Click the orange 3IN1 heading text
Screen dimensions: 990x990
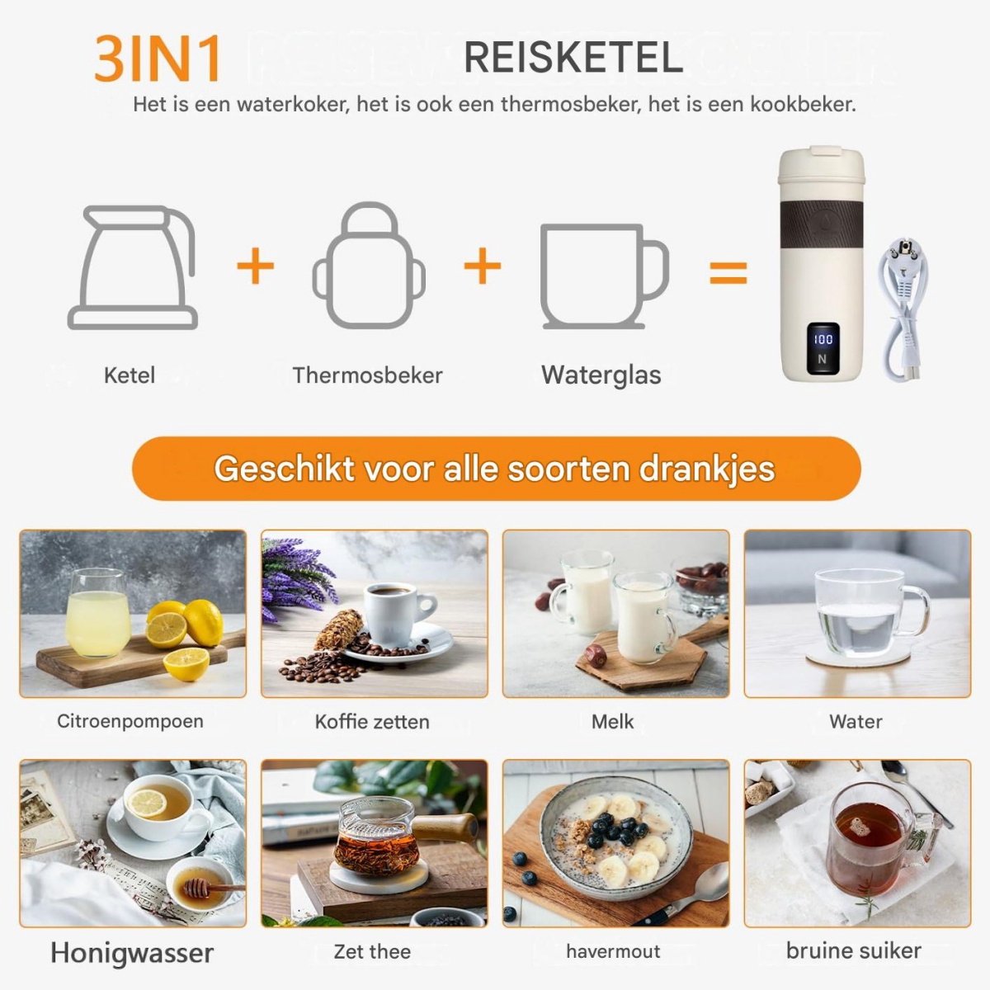[158, 59]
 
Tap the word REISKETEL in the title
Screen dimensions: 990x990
[573, 58]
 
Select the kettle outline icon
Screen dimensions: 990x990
[133, 267]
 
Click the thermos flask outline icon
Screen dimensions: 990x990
[369, 266]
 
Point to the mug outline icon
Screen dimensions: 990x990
[604, 276]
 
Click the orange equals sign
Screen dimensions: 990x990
[728, 272]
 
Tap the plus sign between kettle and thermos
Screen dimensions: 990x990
[255, 266]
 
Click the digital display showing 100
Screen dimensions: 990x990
[823, 348]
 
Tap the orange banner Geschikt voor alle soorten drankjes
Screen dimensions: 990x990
[497, 469]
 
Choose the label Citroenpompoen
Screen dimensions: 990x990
[130, 721]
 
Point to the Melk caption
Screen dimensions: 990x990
[612, 721]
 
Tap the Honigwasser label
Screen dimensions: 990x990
[132, 953]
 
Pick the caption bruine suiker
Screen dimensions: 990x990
[853, 950]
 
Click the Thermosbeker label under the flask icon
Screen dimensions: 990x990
[367, 375]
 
